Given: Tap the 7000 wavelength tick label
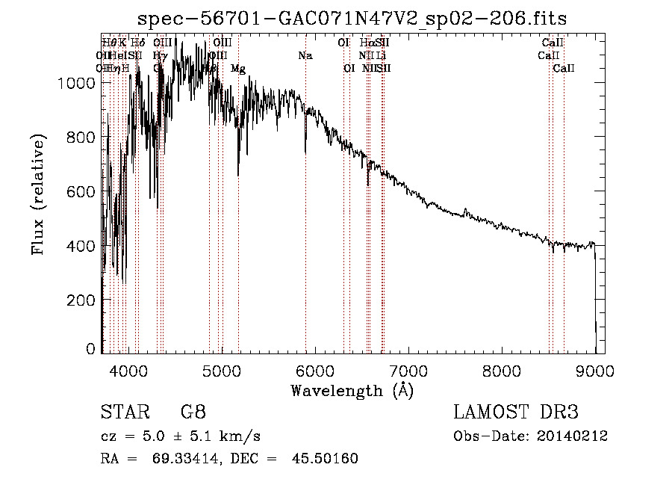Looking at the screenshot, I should pyautogui.click(x=408, y=371).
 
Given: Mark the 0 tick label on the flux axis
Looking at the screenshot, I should pyautogui.click(x=91, y=348).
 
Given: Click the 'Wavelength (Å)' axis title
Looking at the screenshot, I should pyautogui.click(x=352, y=390).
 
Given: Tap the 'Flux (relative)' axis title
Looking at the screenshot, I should pyautogui.click(x=38, y=195).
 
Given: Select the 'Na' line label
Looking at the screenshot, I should pyautogui.click(x=305, y=56).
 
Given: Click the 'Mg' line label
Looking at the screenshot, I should pyautogui.click(x=238, y=69).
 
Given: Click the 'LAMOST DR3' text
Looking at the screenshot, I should pyautogui.click(x=515, y=413).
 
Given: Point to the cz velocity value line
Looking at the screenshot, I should pyautogui.click(x=180, y=436).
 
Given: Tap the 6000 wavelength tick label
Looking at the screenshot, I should pyautogui.click(x=315, y=371).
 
